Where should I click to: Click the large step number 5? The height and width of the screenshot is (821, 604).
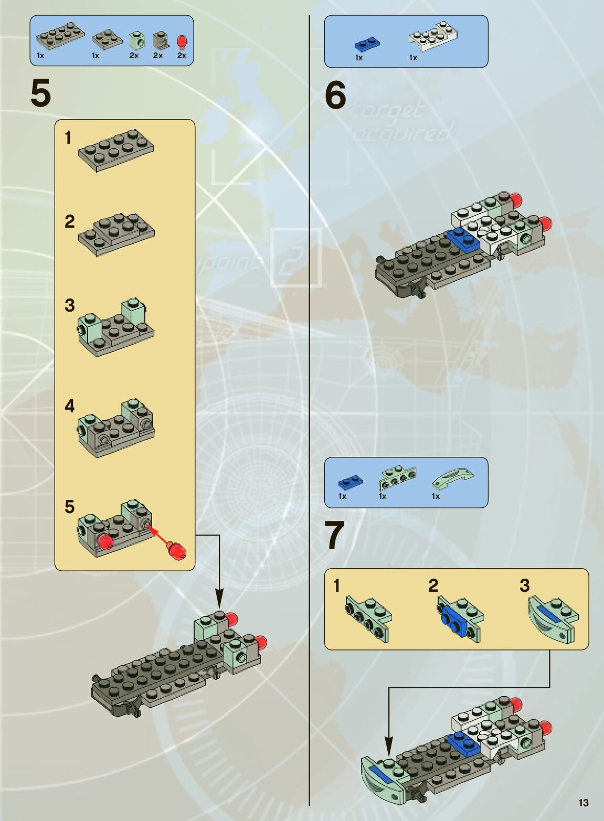(41, 93)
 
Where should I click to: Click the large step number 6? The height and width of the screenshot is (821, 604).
(336, 95)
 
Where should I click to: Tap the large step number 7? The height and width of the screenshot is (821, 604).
(335, 536)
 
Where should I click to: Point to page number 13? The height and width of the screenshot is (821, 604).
(584, 803)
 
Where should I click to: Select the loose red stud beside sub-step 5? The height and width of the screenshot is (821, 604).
(176, 550)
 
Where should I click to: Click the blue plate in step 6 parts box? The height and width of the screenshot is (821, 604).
(367, 44)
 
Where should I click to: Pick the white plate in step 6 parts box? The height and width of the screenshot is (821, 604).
(433, 36)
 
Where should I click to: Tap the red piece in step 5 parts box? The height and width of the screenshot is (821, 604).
(182, 41)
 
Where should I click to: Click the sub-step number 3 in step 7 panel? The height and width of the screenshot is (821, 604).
(524, 585)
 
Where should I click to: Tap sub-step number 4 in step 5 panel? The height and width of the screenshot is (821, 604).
(70, 406)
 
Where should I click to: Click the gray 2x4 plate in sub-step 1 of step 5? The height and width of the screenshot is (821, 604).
(116, 150)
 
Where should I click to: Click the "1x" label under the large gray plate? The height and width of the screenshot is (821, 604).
(41, 56)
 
